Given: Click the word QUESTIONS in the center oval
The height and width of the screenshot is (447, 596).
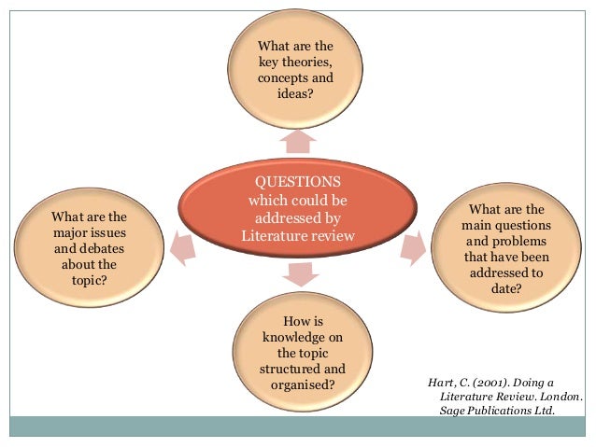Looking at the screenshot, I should (x=298, y=180).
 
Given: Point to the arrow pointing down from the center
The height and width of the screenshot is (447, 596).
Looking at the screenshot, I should (x=298, y=273).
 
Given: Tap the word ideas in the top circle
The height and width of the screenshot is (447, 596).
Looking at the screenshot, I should (x=292, y=95).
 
